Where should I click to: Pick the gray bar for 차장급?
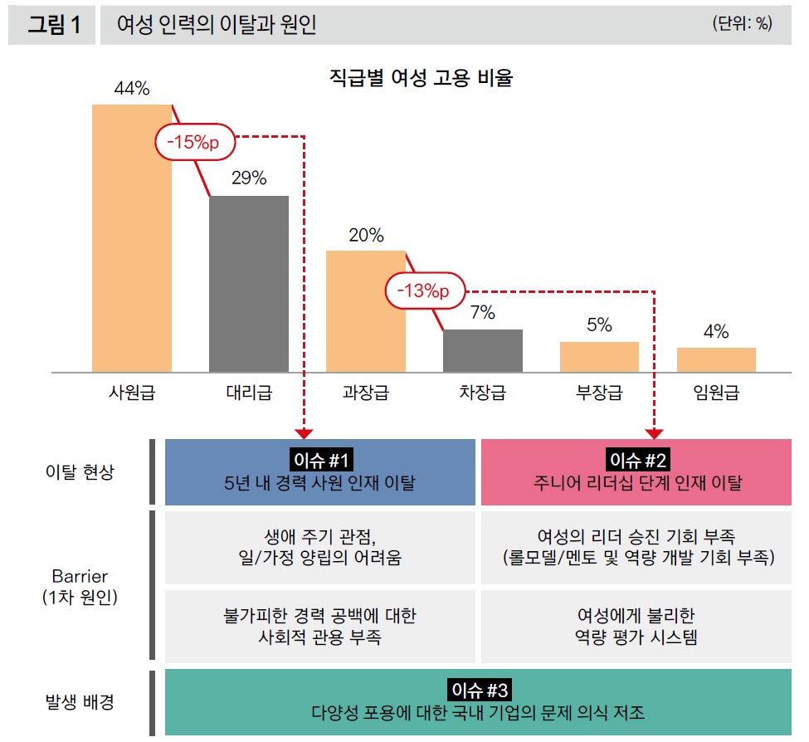tap(483, 350)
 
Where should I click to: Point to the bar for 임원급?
tap(716, 359)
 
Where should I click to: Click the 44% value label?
tap(132, 89)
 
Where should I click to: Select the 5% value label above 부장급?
tap(599, 325)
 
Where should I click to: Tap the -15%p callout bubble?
tap(193, 143)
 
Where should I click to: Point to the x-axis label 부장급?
tap(599, 393)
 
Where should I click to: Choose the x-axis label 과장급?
tap(365, 393)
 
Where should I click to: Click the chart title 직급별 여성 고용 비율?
tap(422, 79)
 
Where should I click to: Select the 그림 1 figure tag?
tap(53, 26)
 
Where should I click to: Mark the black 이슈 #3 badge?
tap(479, 690)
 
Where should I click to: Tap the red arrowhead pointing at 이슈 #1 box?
tap(305, 432)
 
